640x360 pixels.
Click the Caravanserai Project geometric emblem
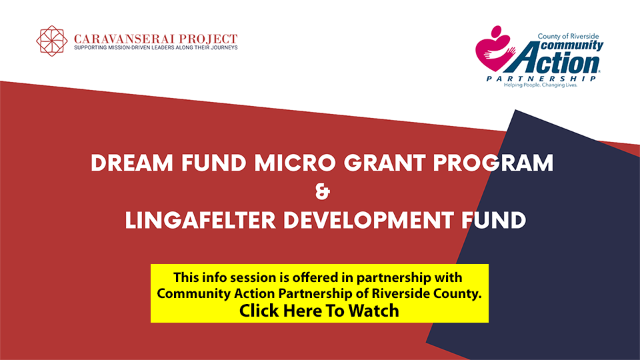coord(52,41)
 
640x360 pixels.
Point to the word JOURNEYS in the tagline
coord(224,48)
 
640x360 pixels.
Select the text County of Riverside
coord(568,36)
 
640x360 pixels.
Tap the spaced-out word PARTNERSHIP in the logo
coord(541,79)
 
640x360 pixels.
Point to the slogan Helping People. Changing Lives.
coord(541,85)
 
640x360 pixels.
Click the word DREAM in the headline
coord(132,163)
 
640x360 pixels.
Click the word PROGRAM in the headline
coord(493,163)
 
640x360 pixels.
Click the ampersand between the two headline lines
coord(323,191)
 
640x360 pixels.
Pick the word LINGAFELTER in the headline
coord(201,221)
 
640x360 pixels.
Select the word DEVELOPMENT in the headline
coord(369,221)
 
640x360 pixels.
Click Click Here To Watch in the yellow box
coord(319,311)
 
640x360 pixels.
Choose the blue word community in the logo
coord(572,45)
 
